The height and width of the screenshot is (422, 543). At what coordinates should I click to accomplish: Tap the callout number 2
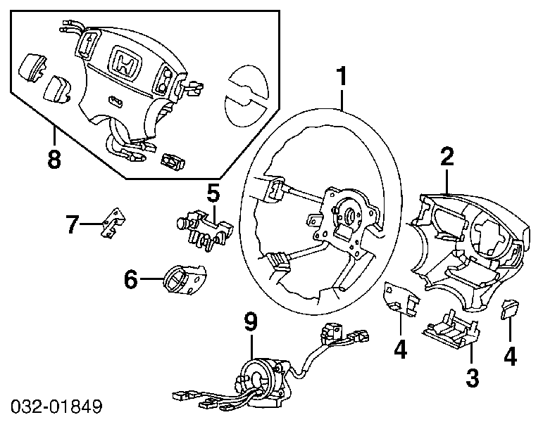(x=447, y=155)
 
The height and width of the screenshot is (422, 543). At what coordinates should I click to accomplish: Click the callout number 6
(x=131, y=279)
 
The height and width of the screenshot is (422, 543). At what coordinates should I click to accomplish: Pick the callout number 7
(x=73, y=224)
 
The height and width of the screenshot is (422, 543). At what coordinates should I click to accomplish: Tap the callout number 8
(x=54, y=159)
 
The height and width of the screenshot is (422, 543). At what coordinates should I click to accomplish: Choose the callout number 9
(x=251, y=322)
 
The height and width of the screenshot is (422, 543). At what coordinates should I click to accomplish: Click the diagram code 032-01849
(x=56, y=407)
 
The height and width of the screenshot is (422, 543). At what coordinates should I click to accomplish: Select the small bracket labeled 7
(x=113, y=222)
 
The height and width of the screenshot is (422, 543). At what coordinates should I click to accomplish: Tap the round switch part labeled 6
(x=184, y=279)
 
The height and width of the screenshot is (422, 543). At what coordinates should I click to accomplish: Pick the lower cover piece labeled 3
(x=450, y=328)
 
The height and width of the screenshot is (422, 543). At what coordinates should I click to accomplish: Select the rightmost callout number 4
(x=510, y=357)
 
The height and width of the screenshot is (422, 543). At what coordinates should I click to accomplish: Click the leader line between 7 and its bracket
(x=92, y=224)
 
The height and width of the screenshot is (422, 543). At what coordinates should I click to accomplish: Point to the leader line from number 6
(x=151, y=279)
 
